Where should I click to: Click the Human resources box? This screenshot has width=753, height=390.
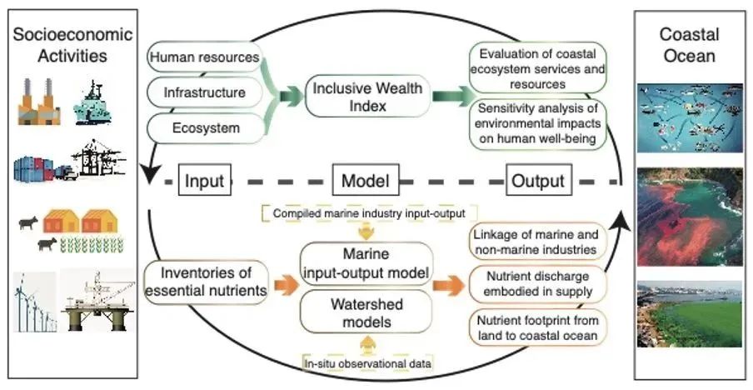[x=203, y=57]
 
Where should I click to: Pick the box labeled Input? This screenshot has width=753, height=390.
[x=203, y=181]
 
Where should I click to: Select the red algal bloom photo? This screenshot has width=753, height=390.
[x=689, y=214]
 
